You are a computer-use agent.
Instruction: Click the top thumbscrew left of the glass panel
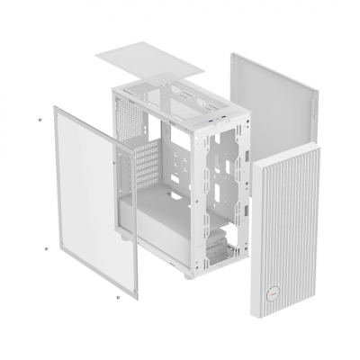tap(40, 119)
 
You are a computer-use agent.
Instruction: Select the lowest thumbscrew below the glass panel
tap(117, 293)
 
